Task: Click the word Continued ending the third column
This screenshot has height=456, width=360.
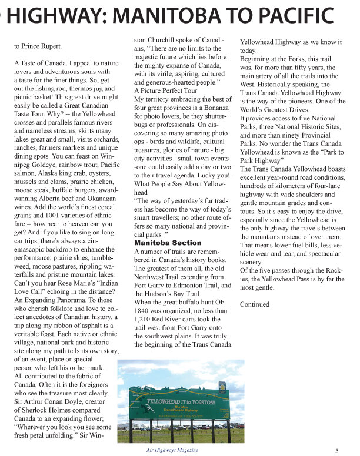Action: tap(255, 304)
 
